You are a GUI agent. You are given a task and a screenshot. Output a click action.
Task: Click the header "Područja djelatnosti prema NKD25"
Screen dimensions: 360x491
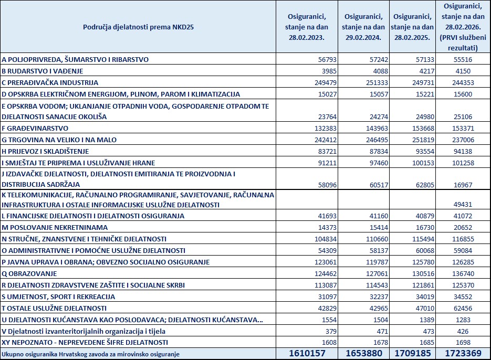pyautogui.click(x=138, y=26)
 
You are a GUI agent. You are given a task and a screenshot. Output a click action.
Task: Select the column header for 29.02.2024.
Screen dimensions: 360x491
pyautogui.click(x=363, y=26)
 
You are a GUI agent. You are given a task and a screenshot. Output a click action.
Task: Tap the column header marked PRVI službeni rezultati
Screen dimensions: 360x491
pyautogui.click(x=463, y=26)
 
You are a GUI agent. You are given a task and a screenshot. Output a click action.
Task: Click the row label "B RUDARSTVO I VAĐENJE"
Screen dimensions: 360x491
pyautogui.click(x=43, y=71)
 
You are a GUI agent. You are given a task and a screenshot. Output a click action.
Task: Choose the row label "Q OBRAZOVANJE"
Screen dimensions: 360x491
pyautogui.click(x=30, y=273)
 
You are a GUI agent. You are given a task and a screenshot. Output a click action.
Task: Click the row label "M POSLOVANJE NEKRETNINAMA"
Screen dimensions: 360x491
pyautogui.click(x=55, y=227)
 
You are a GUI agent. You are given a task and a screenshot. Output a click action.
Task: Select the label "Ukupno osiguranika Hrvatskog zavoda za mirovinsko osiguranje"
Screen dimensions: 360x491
pyautogui.click(x=90, y=354)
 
